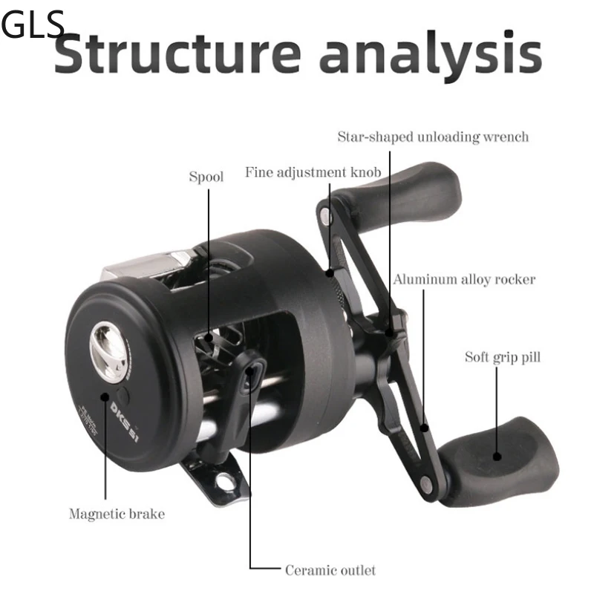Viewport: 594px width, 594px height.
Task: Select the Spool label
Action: (x=206, y=177)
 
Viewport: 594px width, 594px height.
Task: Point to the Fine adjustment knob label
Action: (x=313, y=172)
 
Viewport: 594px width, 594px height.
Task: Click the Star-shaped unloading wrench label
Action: (x=433, y=137)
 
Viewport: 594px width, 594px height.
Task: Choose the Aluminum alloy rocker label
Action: (x=464, y=280)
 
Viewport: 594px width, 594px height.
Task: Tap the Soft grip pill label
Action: (x=503, y=357)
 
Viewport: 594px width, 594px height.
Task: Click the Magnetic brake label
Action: (x=117, y=513)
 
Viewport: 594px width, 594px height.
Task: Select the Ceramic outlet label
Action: (x=330, y=570)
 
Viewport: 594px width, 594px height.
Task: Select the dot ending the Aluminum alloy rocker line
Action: (x=425, y=428)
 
